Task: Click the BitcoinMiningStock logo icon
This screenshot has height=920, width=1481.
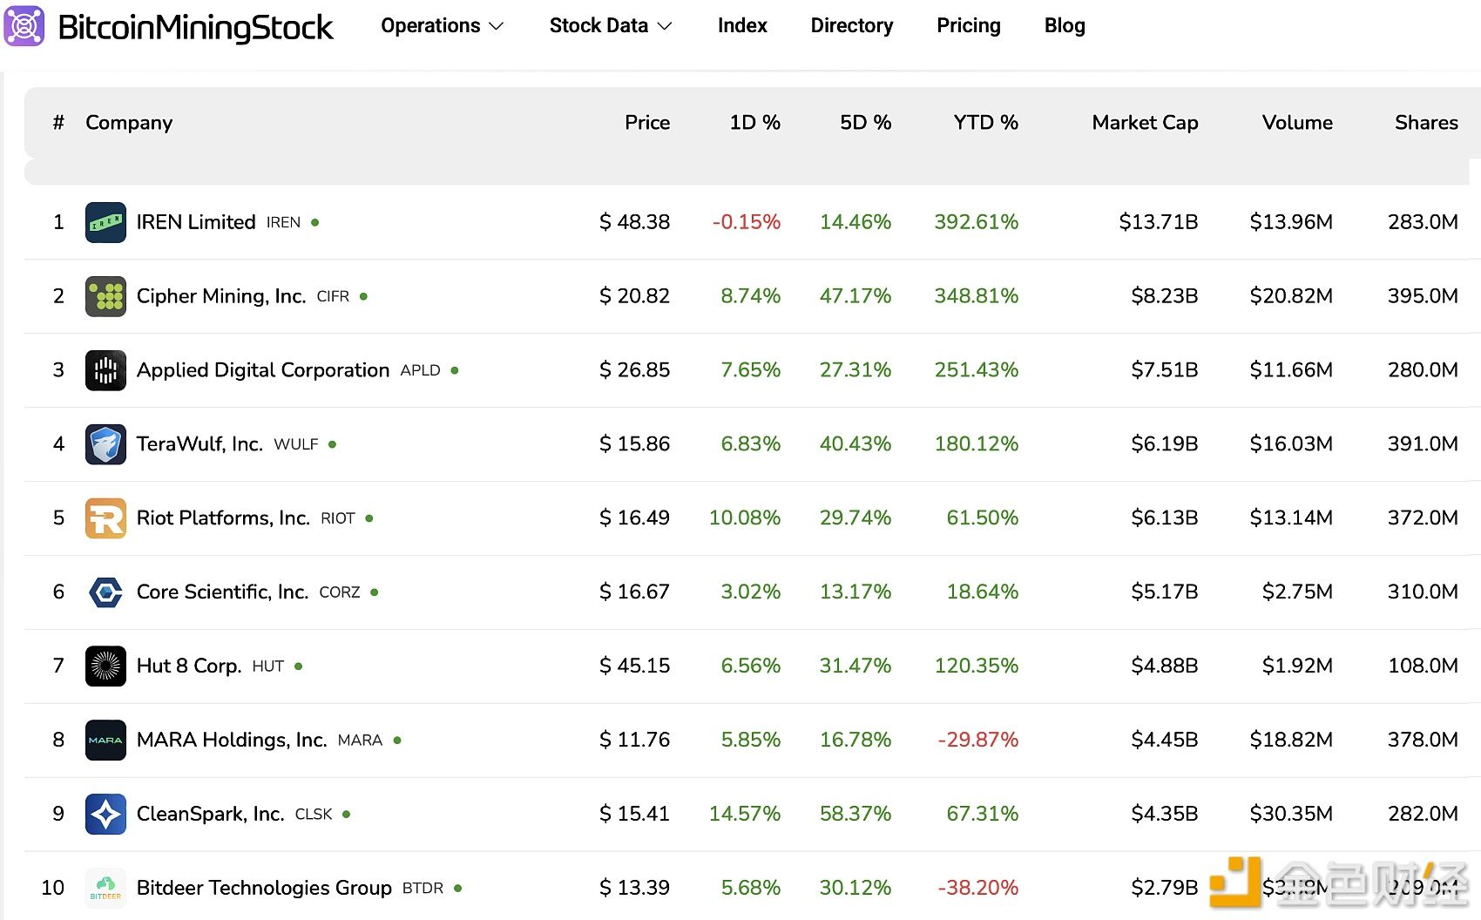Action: coord(24,26)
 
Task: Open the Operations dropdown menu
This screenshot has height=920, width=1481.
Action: coord(442,26)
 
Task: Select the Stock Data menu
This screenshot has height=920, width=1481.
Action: coord(610,26)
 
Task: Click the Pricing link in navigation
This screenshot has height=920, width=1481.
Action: coord(968,26)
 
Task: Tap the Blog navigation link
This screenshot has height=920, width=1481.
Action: coord(1064,26)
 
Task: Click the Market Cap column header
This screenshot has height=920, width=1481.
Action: coord(1144,123)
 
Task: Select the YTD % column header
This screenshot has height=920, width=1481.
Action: coord(984,123)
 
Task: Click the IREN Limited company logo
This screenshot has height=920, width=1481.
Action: coord(105,222)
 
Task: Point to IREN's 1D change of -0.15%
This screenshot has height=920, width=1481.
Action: coord(746,222)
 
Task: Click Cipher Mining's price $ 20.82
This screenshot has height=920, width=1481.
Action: coord(634,296)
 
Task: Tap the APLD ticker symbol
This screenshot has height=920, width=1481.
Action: coord(420,370)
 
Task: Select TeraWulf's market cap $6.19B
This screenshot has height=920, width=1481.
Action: coord(1164,444)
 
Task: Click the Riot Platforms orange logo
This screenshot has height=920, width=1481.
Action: coord(105,518)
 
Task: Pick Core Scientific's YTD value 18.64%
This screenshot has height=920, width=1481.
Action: coord(982,592)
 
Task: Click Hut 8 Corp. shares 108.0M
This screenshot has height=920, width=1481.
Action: coord(1422,666)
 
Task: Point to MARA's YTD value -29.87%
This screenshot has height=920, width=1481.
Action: coord(977,741)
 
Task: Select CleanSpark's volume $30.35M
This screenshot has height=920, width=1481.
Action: coord(1290,814)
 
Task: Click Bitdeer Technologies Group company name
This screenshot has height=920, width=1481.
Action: coord(264,888)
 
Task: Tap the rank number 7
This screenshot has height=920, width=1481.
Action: coord(58,666)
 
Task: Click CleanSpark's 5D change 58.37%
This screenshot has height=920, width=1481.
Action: coord(855,814)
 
